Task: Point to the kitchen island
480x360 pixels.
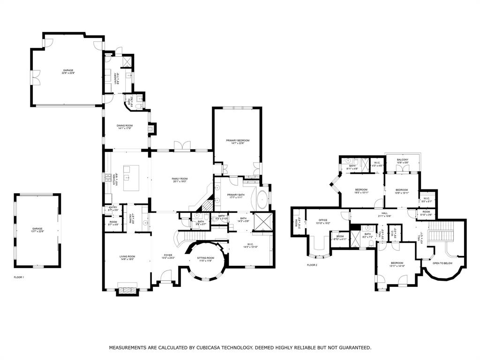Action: (x=135, y=178)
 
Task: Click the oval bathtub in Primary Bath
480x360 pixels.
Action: (x=262, y=200)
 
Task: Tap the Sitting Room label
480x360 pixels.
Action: (x=205, y=259)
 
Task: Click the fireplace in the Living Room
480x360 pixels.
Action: (x=127, y=291)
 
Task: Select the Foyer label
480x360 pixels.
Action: (x=168, y=255)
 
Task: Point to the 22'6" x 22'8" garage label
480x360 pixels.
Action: (x=68, y=71)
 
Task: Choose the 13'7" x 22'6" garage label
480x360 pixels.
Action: (x=37, y=230)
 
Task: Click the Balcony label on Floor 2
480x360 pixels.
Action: (x=402, y=160)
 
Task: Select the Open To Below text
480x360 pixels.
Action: (x=442, y=263)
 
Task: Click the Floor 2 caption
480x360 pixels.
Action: (x=312, y=265)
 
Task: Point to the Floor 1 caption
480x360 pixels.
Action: (x=19, y=277)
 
